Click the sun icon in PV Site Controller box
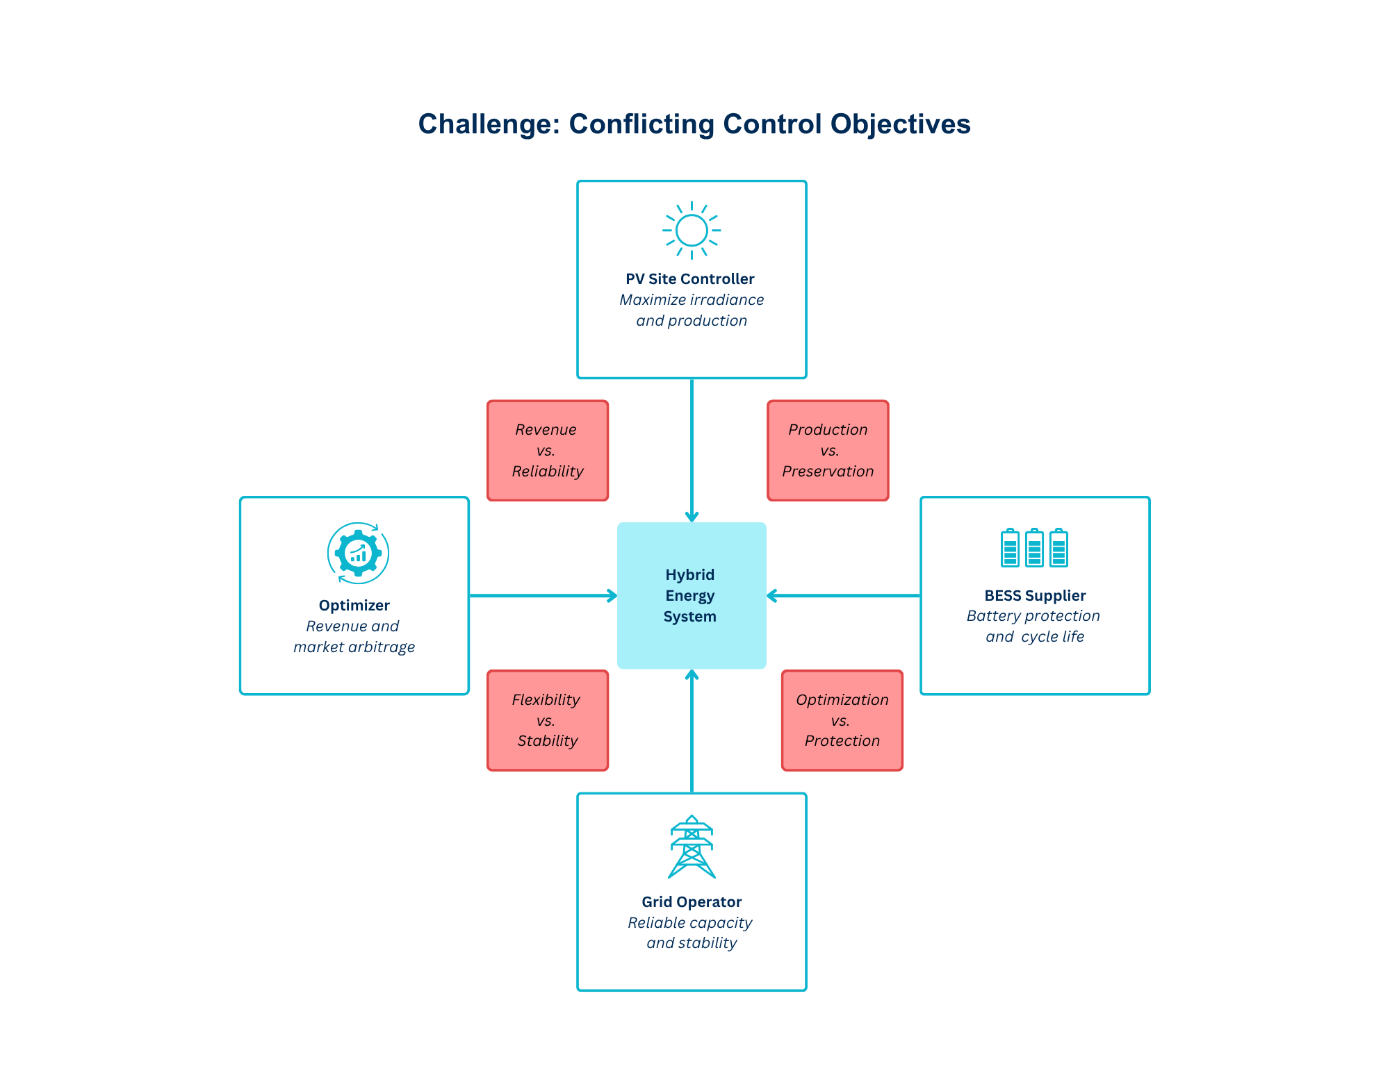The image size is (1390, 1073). point(692,231)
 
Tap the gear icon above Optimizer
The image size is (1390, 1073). point(358,554)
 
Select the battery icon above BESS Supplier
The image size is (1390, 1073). point(1034,548)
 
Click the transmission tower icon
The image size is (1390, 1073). point(692,847)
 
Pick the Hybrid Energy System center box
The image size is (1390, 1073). point(692,595)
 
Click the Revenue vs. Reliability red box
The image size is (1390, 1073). point(548,450)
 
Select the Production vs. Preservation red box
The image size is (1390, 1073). point(828,450)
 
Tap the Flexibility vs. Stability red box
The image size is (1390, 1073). point(548,720)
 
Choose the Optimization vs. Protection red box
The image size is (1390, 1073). point(842,720)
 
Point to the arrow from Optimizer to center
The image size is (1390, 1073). point(542,595)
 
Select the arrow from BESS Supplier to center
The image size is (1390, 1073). point(843,595)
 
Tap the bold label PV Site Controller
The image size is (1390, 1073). point(689,279)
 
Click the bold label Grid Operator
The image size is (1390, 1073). point(692,902)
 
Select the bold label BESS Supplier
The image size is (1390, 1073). point(1035,596)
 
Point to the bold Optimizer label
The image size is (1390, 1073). point(354,606)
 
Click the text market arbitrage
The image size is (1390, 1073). point(354,647)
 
